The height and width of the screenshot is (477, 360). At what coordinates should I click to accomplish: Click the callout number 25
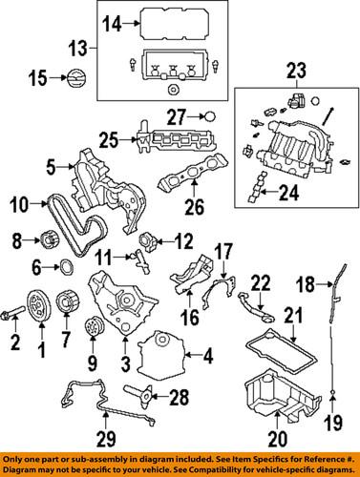tap(112, 140)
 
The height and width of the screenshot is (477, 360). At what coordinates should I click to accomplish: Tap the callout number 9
tap(93, 363)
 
